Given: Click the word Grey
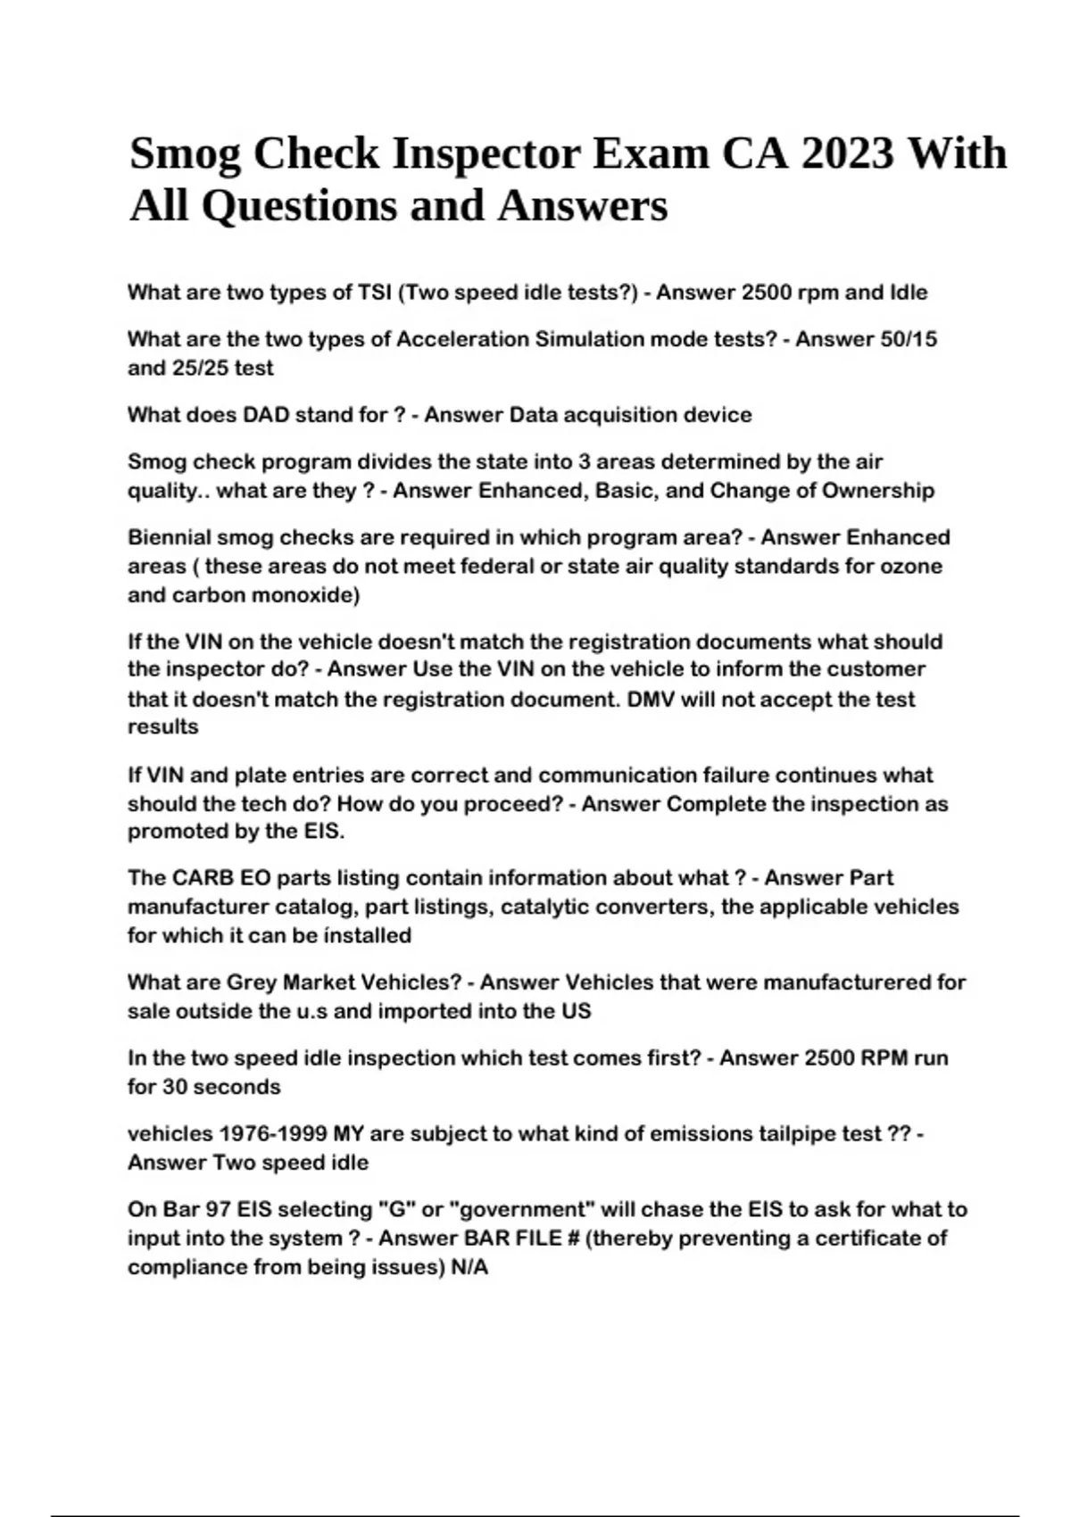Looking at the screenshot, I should pos(252,982).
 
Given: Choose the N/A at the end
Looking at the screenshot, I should pos(469,1267).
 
